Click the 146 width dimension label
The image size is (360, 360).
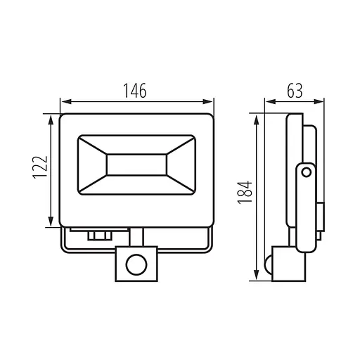pyautogui.click(x=135, y=91)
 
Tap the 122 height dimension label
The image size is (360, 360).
pyautogui.click(x=40, y=167)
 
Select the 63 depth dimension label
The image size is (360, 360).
pyautogui.click(x=295, y=91)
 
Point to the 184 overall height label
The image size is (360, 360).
pyautogui.click(x=245, y=192)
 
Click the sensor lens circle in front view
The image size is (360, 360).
pyautogui.click(x=136, y=264)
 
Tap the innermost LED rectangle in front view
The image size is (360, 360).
pyautogui.click(x=136, y=165)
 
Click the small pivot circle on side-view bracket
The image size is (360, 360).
pyautogui.click(x=306, y=172)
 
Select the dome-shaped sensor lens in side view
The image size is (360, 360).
pyautogui.click(x=269, y=264)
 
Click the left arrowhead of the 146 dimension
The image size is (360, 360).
pyautogui.click(x=66, y=102)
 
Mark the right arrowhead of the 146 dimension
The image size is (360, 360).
pyautogui.click(x=208, y=102)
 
